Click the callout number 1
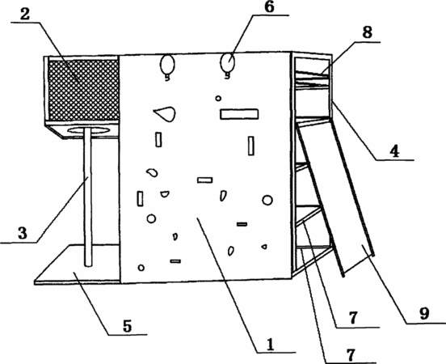click(x=270, y=344)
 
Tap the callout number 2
click(x=25, y=15)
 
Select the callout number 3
click(x=22, y=233)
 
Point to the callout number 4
click(x=394, y=151)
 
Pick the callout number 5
click(x=127, y=326)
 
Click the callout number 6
click(x=269, y=7)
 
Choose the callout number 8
click(x=367, y=32)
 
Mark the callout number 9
click(x=424, y=314)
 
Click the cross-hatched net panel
click(x=83, y=90)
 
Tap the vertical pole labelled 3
click(x=88, y=197)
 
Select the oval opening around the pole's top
click(x=88, y=130)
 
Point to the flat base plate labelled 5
click(x=77, y=264)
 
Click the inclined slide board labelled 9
click(x=335, y=197)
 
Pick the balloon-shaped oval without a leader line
click(x=167, y=66)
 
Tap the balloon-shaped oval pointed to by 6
click(x=228, y=64)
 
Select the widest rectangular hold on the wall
click(x=239, y=114)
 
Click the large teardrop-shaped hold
click(x=166, y=113)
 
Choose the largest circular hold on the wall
click(x=267, y=201)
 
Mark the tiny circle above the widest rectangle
click(x=218, y=98)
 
